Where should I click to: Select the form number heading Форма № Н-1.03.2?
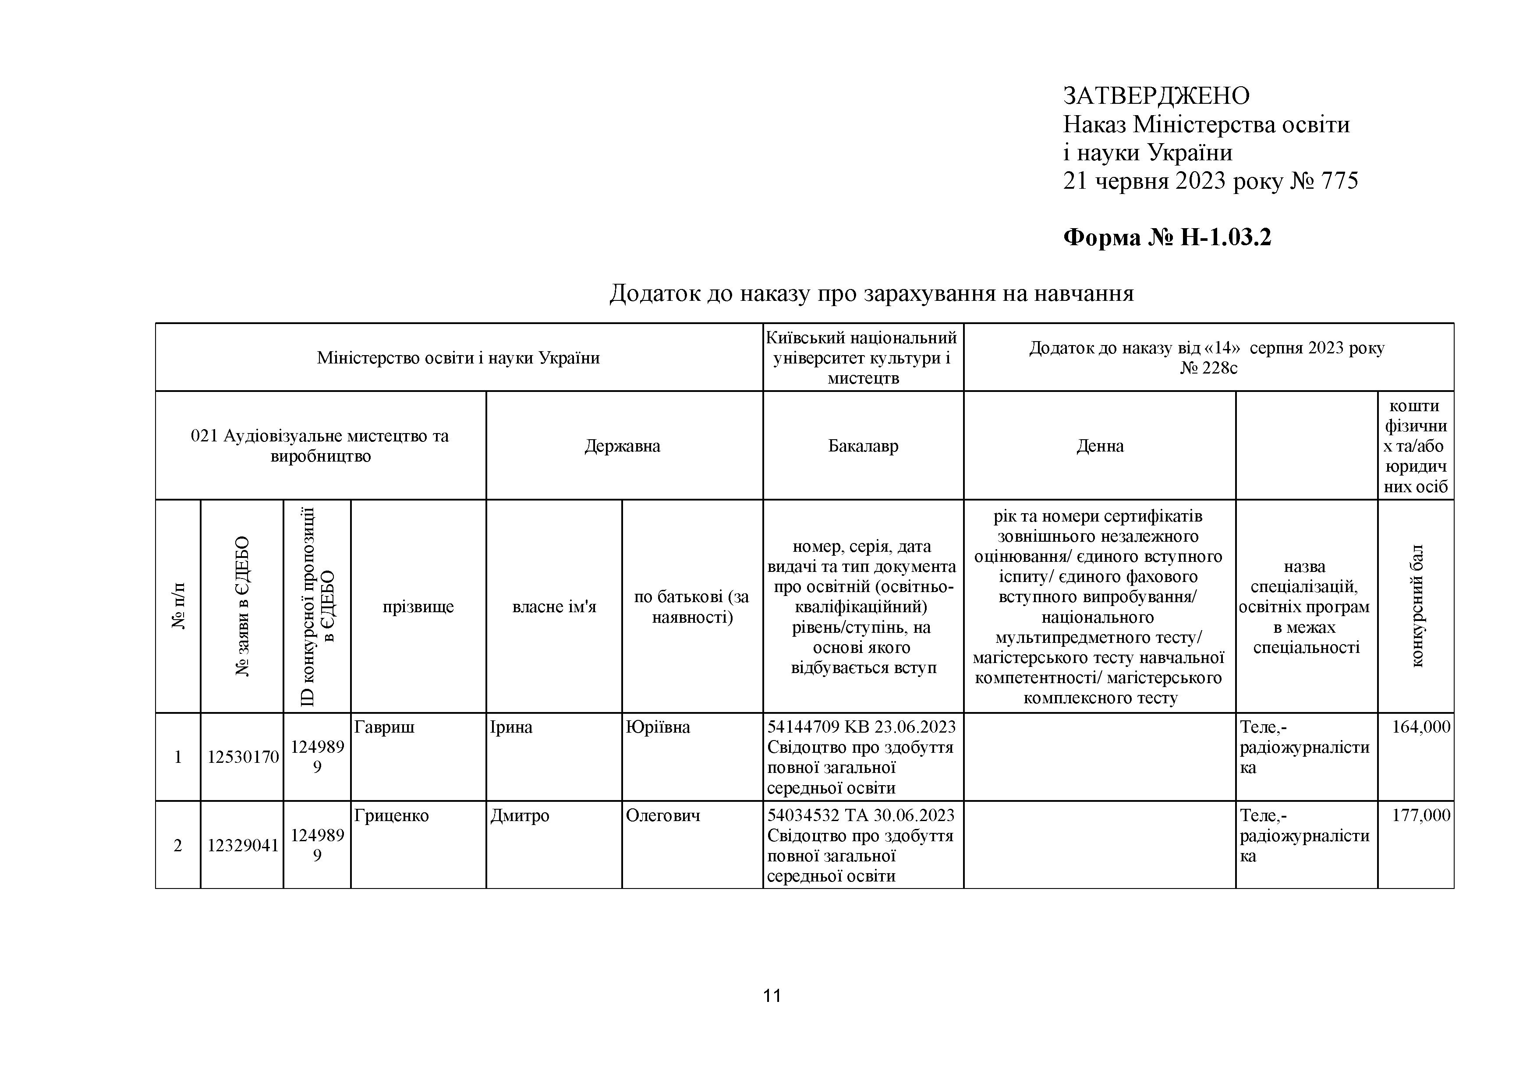click(1167, 237)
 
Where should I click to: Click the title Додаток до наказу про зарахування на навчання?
click(871, 293)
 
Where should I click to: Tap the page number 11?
click(772, 996)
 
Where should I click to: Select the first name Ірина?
click(511, 727)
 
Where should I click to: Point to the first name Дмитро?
click(520, 816)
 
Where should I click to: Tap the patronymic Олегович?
click(663, 816)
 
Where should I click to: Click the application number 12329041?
click(242, 846)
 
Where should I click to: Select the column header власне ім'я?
click(554, 607)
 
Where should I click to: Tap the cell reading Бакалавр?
click(863, 446)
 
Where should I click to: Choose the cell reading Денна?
click(1099, 446)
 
